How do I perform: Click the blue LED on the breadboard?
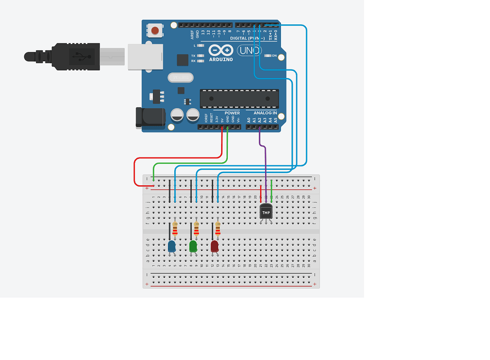171,247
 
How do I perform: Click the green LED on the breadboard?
193,247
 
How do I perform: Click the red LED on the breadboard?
215,247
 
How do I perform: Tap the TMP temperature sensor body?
266,212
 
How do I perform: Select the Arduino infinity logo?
221,50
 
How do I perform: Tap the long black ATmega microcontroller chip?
239,98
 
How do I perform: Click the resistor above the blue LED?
175,229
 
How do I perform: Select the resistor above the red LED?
218,229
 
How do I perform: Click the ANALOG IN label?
261,113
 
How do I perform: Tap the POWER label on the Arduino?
232,113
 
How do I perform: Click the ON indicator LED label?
274,56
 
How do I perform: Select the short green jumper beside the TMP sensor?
271,188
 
